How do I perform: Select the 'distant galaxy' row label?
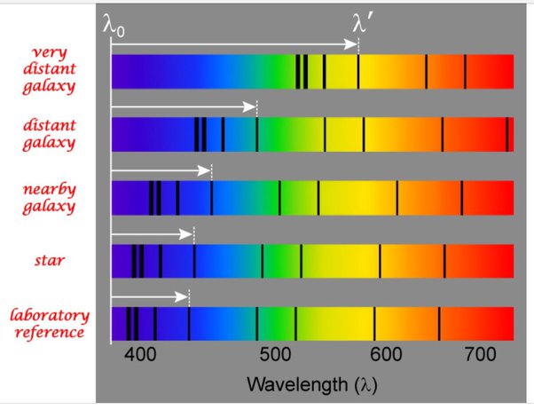[50, 131]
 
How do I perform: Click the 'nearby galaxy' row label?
[50, 198]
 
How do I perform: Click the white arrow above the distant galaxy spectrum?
[183, 106]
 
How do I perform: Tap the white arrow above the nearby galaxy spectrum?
[160, 169]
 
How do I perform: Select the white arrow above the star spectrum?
[151, 233]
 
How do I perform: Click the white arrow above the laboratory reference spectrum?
[148, 296]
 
